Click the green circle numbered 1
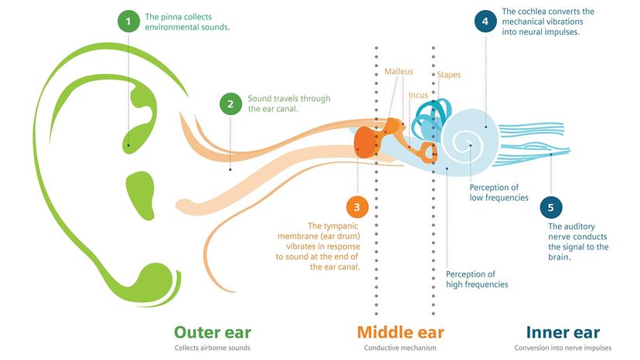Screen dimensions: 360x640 point(128,21)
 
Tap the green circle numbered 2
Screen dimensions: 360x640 point(230,104)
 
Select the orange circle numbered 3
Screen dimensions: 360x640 point(356,207)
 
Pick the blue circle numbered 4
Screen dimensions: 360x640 point(485,22)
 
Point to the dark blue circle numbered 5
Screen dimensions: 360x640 point(550,207)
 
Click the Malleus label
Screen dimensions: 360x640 point(399,72)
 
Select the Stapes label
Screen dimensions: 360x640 point(449,75)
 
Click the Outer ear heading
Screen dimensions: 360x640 point(213,332)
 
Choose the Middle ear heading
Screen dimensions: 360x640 point(401,332)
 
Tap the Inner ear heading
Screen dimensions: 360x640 point(563,332)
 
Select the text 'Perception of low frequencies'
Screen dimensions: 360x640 point(499,192)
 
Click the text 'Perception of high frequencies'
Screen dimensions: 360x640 point(477,279)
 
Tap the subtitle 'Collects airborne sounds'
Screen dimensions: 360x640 point(213,349)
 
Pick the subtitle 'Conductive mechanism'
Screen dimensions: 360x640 point(401,349)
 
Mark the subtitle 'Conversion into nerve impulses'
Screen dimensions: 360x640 point(563,349)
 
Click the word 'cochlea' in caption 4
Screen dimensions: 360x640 point(534,12)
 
